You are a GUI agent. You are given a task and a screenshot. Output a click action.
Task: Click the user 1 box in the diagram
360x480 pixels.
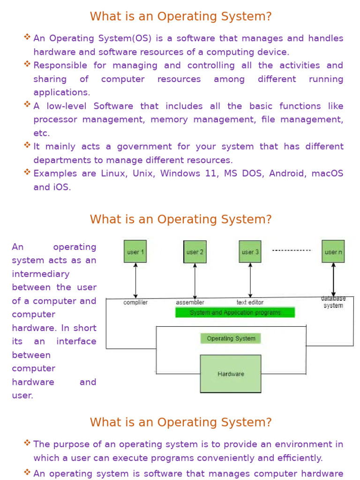135,252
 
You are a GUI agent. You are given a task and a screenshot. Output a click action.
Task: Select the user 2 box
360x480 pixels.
195,252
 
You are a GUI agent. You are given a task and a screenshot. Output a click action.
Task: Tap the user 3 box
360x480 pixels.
250,252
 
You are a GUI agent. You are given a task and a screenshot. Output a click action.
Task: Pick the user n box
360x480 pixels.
333,252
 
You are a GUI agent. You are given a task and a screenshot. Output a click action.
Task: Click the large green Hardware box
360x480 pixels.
231,374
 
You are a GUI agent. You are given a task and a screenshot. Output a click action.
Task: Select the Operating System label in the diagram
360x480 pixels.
231,338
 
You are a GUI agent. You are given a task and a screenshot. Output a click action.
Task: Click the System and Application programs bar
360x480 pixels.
235,313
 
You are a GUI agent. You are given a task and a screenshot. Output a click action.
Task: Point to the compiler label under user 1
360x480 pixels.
135,302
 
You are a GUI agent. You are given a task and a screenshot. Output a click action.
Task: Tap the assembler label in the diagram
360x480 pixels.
190,302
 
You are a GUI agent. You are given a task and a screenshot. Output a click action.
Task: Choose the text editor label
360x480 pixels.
250,302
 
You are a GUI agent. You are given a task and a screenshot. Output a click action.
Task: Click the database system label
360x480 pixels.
333,302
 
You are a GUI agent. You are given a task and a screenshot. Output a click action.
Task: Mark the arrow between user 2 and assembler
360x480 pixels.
195,280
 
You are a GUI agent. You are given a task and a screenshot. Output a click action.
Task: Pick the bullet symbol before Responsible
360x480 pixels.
27,64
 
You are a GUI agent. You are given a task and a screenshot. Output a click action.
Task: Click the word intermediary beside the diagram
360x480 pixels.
41,274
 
